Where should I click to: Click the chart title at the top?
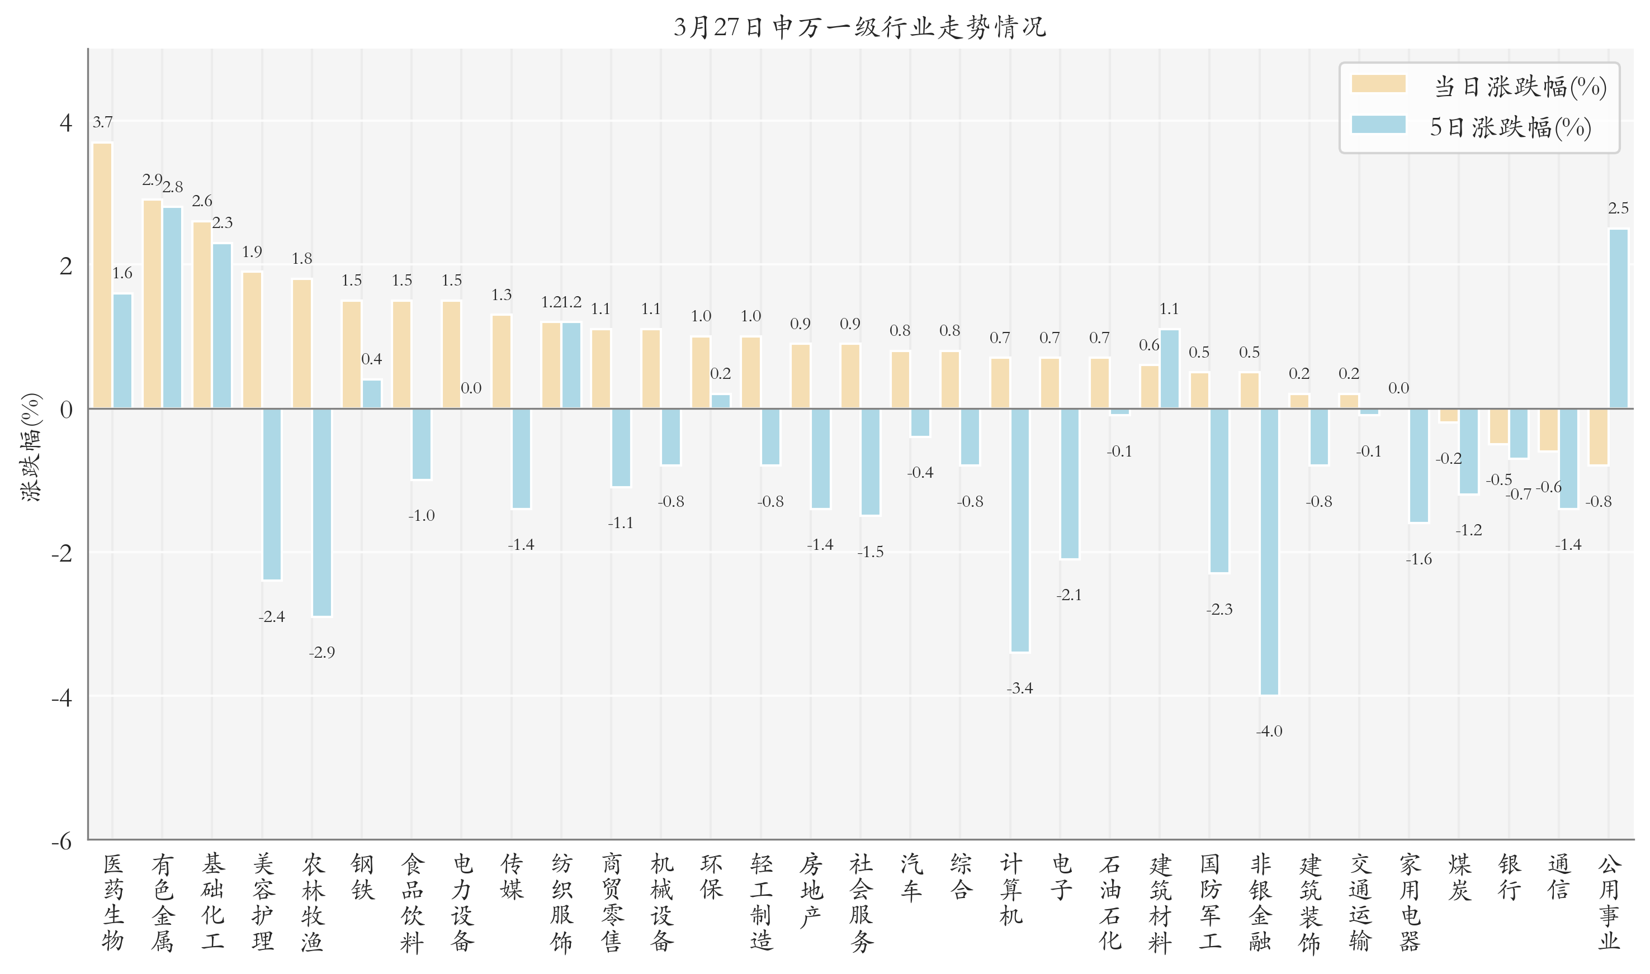(859, 27)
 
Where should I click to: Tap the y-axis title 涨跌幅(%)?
(31, 448)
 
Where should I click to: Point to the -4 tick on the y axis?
(63, 697)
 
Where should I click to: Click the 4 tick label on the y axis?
(65, 123)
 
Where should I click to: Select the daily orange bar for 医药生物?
(102, 275)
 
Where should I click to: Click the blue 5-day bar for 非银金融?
(1269, 552)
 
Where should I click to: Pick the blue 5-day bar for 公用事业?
(1619, 319)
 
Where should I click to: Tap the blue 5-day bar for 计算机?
(1020, 530)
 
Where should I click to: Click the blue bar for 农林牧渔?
(322, 512)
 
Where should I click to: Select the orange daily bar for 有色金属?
(152, 304)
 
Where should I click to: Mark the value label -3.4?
(1020, 688)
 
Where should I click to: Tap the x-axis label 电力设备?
(462, 902)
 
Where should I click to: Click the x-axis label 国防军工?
(1210, 902)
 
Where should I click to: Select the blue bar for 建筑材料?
(1169, 369)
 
